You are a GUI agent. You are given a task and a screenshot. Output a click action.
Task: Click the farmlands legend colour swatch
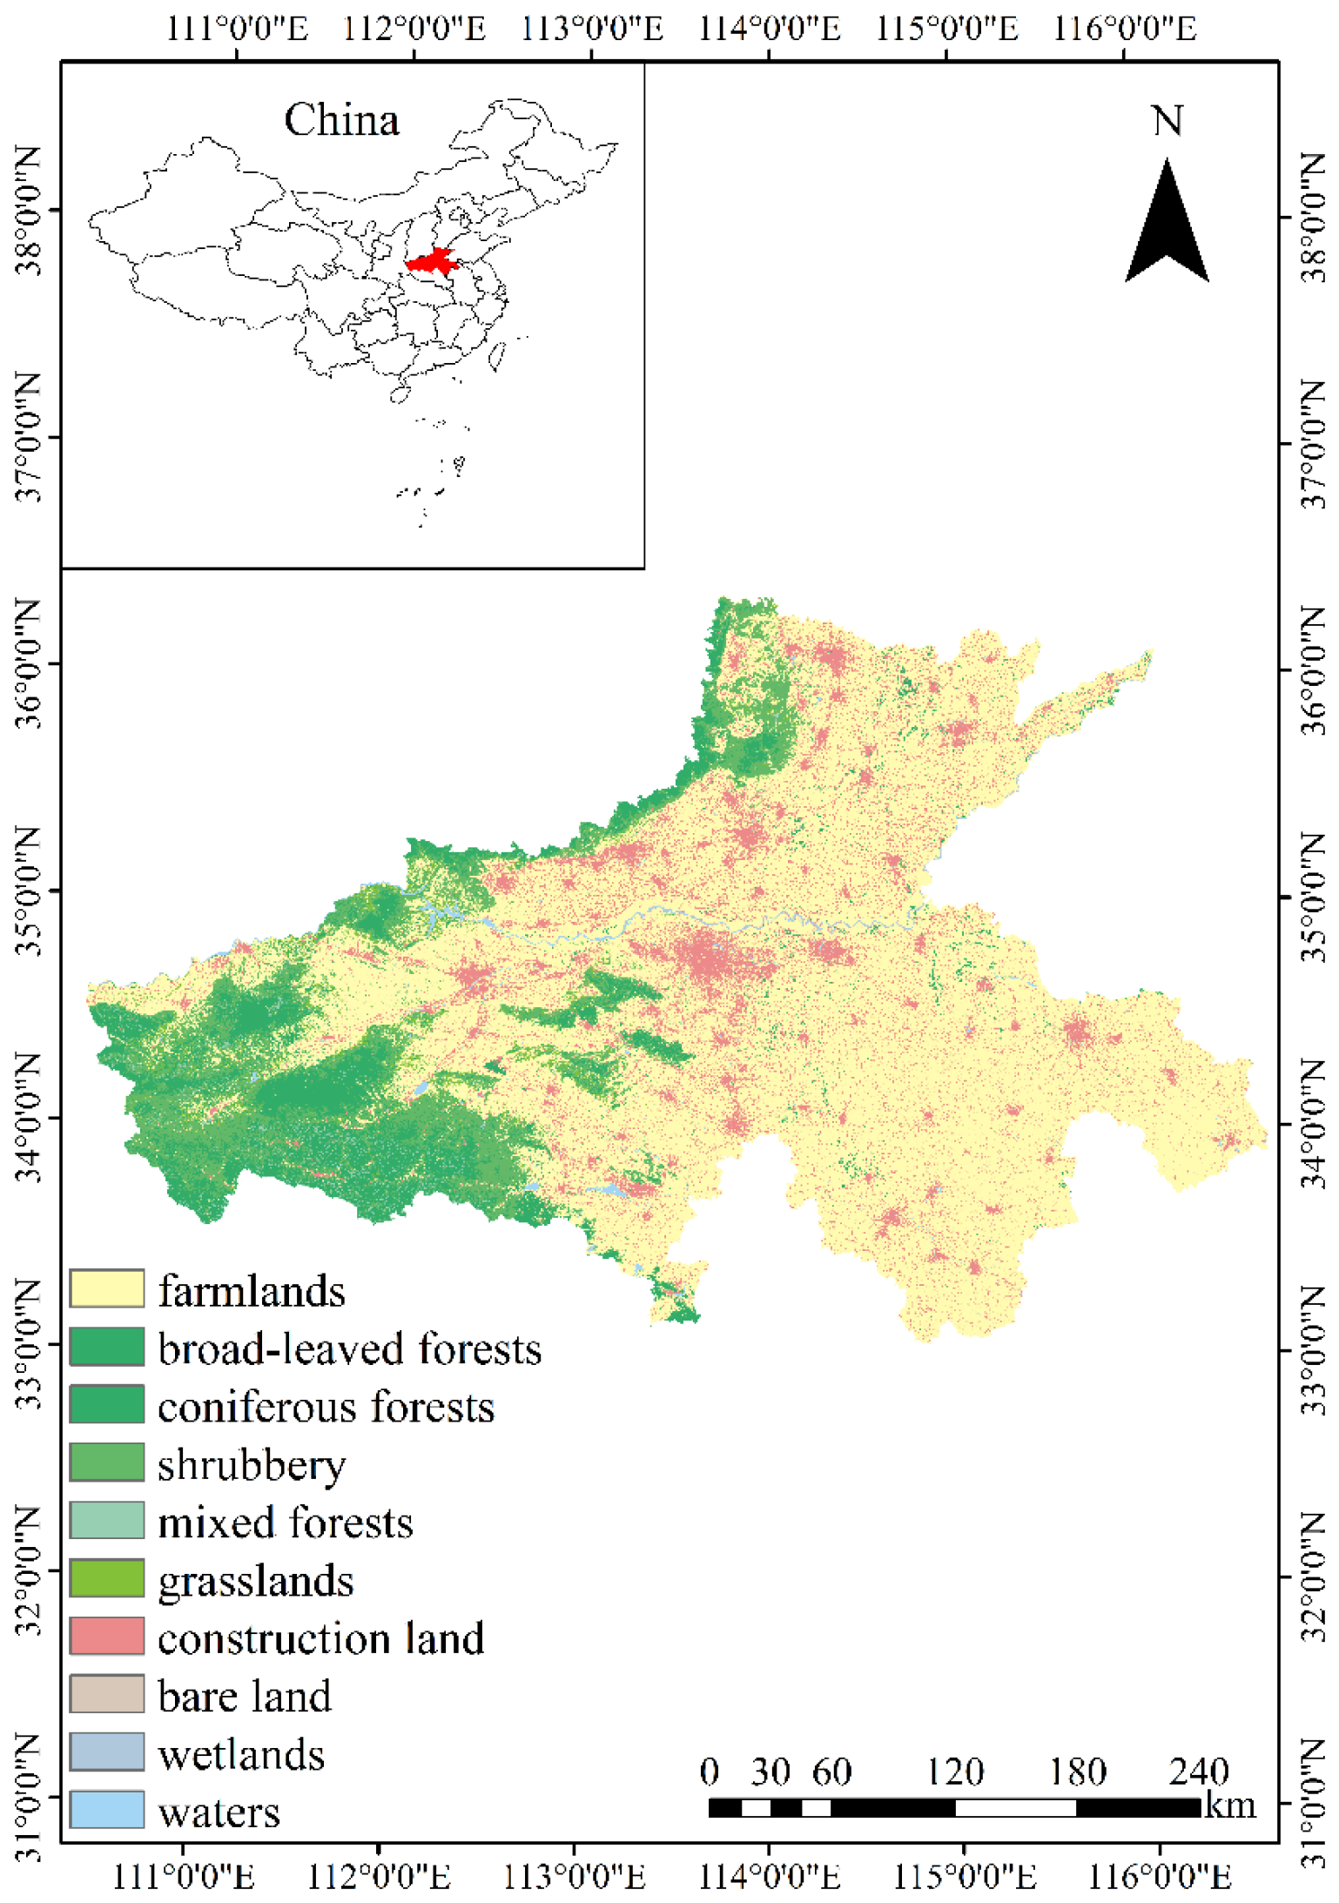point(106,1288)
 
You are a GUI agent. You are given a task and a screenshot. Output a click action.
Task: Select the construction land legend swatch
point(106,1636)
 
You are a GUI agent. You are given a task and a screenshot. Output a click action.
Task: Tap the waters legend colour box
point(106,1809)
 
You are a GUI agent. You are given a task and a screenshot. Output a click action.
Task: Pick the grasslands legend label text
point(255,1580)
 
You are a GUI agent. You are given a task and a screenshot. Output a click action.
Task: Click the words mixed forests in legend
point(285,1523)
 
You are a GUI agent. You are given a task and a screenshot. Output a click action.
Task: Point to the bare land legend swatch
point(106,1693)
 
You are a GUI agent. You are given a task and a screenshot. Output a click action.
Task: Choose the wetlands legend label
point(241,1753)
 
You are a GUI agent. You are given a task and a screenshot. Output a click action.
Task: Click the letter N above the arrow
point(1167,120)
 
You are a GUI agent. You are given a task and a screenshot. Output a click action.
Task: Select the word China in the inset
point(341,120)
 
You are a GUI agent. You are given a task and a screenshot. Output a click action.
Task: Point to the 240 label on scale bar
point(1198,1772)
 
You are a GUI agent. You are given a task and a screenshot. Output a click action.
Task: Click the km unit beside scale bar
point(1230,1805)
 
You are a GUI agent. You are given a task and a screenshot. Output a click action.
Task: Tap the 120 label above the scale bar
point(954,1772)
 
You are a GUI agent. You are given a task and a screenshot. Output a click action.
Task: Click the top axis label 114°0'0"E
point(770,29)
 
